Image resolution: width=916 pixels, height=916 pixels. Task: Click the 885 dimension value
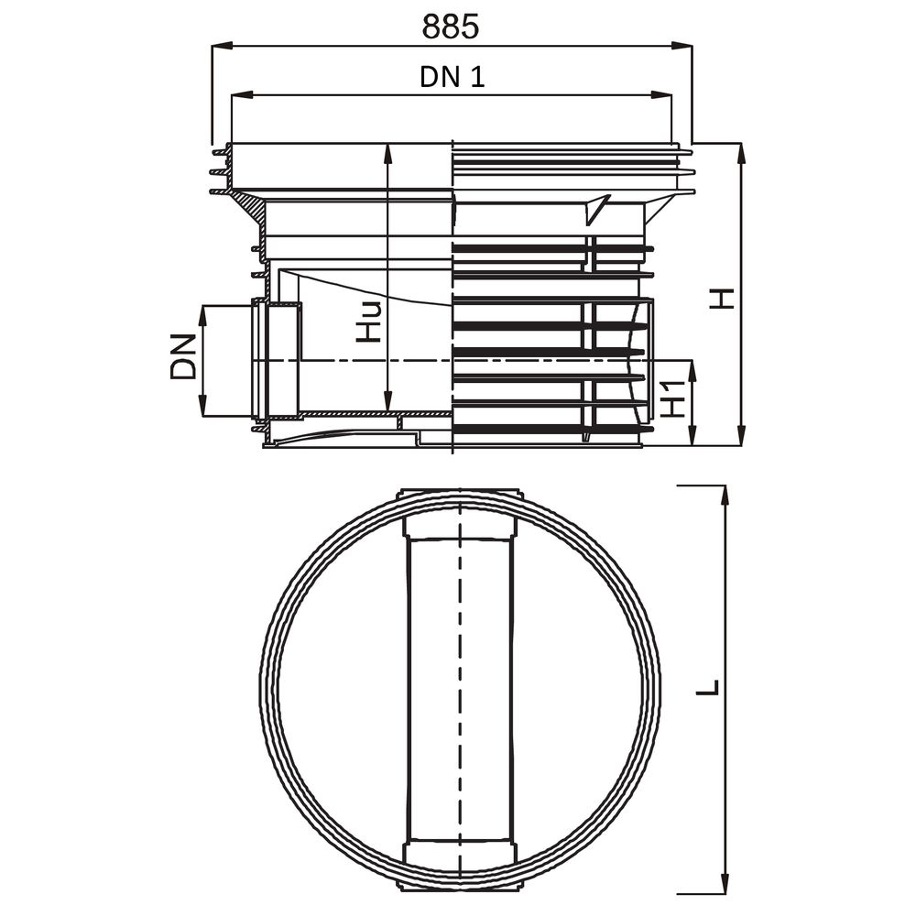[451, 27]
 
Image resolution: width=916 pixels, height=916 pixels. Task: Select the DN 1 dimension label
[452, 77]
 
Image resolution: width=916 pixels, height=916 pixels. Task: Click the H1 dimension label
[674, 400]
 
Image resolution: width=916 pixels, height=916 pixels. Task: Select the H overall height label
[725, 298]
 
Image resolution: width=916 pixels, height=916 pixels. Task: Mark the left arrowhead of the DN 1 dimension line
[238, 93]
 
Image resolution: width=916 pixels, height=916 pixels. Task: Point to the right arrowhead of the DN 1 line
[665, 93]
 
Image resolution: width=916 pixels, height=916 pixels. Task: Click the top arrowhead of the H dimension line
[741, 151]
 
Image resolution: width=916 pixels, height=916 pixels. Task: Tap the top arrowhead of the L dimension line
[724, 494]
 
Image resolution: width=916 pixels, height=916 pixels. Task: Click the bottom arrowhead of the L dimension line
[724, 884]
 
